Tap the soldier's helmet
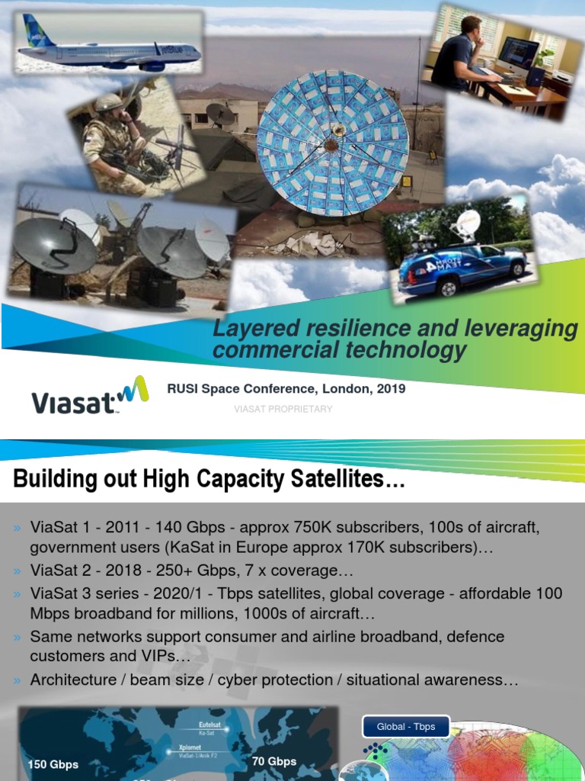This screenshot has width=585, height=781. [x=108, y=104]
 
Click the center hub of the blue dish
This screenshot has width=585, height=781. [x=332, y=143]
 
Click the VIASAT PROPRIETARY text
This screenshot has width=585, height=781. [x=283, y=410]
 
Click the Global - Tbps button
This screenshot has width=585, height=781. [x=406, y=727]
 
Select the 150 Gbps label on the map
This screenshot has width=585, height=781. [x=53, y=764]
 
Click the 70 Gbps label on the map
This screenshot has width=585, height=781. [x=275, y=760]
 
